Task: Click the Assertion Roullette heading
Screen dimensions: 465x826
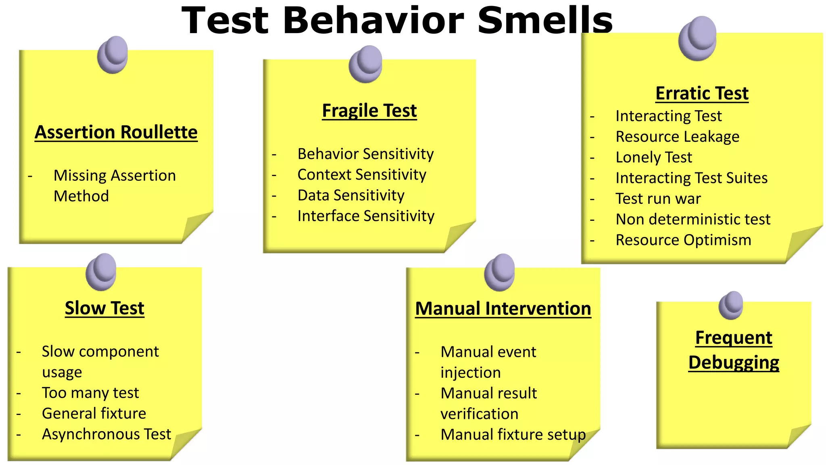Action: coord(116,132)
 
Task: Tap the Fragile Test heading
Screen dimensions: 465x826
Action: coord(369,111)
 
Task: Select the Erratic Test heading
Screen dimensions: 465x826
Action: coord(702,93)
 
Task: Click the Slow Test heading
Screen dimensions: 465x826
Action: coord(104,308)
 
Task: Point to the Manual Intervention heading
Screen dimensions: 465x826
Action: coord(503,309)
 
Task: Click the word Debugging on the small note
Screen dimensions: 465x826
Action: coord(734,362)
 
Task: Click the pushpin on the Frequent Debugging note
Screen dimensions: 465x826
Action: coord(731,305)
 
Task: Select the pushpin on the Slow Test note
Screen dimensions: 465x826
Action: coord(101,272)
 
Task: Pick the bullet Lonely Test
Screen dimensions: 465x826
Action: coord(654,157)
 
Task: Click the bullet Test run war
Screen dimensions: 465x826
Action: coord(658,199)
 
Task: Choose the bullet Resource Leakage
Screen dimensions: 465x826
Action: coord(678,137)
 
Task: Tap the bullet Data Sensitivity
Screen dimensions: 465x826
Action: coord(351,195)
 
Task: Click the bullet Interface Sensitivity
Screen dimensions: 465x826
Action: coord(366,216)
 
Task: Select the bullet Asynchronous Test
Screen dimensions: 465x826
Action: coord(106,434)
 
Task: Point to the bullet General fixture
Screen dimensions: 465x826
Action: coord(94,413)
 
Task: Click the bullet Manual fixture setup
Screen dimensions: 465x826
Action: coord(513,435)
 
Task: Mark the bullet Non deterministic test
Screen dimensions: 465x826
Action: coord(693,220)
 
